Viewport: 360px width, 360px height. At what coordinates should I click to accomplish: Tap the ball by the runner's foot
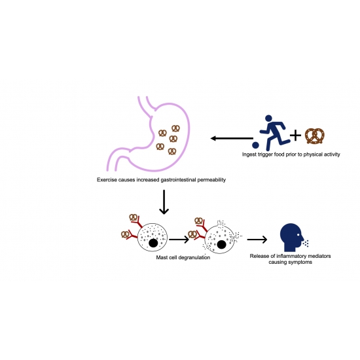(255, 145)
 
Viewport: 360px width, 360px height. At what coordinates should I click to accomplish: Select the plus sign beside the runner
(295, 135)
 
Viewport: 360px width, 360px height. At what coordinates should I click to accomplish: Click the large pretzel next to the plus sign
(315, 136)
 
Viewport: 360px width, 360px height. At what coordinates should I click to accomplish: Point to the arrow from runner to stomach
(232, 138)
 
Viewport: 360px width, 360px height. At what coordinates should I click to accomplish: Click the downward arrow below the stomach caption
(164, 202)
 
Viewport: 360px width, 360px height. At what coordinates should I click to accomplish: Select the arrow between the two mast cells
(179, 240)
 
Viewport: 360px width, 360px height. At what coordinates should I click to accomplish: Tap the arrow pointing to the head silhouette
(257, 240)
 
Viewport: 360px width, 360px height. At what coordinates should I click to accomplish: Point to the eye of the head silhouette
(298, 235)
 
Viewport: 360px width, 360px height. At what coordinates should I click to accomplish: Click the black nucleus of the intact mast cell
(153, 243)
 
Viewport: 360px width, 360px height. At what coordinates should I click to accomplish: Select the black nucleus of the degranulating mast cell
(221, 245)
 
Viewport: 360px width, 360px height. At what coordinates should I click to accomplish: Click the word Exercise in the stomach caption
(106, 180)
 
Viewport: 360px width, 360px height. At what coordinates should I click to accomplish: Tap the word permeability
(211, 180)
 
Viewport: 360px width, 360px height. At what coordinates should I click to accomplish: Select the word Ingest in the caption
(249, 154)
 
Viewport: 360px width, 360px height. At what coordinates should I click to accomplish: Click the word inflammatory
(289, 256)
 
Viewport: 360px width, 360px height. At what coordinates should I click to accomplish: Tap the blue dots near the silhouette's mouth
(306, 243)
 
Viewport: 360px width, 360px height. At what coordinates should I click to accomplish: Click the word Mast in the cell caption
(161, 258)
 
